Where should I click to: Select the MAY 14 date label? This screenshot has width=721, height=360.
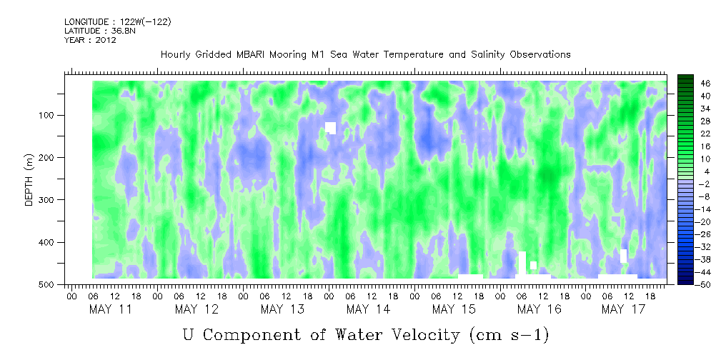(367, 309)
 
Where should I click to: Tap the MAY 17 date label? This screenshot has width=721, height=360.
(624, 309)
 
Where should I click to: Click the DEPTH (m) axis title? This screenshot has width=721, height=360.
(29, 183)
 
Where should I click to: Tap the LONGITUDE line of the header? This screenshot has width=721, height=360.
(117, 22)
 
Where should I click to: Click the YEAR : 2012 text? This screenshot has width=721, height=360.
(90, 40)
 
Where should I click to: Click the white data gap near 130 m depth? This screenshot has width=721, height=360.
(330, 128)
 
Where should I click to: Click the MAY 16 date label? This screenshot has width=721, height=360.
(539, 309)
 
